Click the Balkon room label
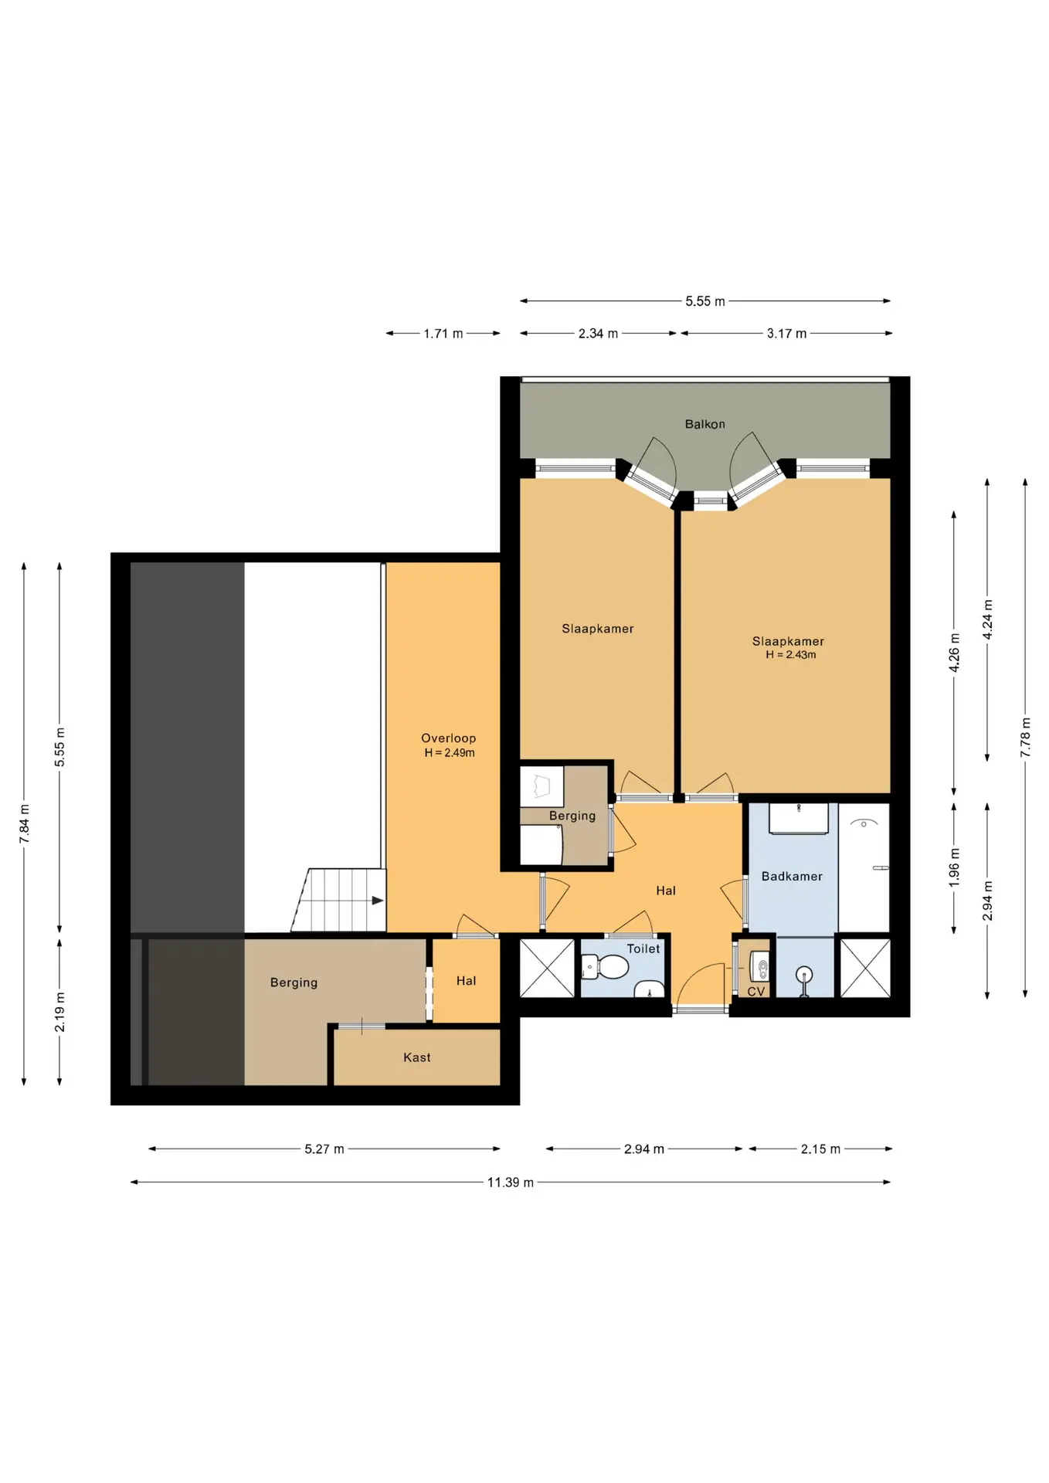point(704,424)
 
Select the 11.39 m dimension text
point(510,1183)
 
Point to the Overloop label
point(448,738)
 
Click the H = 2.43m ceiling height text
point(790,655)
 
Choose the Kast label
point(416,1057)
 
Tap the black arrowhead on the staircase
point(378,901)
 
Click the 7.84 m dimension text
point(24,823)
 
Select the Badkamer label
point(792,876)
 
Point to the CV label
point(756,992)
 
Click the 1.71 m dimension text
point(443,334)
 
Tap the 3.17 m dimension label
point(786,334)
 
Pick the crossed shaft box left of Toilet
point(547,968)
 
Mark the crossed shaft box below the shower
point(865,968)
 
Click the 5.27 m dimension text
point(324,1149)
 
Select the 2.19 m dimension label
point(59,1012)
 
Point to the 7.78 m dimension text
point(1026,738)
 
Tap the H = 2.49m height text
point(450,753)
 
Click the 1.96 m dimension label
point(954,867)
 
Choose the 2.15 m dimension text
point(820,1149)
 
